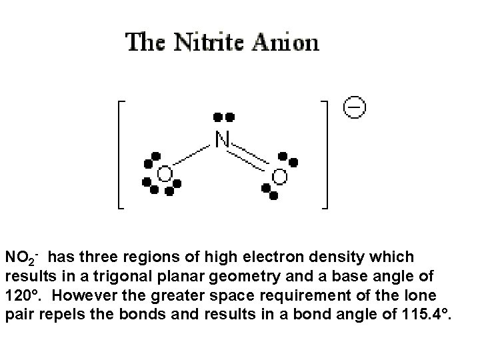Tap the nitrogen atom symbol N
(223, 139)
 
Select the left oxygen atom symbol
(163, 175)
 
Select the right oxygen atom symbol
(279, 177)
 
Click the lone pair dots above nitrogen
(223, 117)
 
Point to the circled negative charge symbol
(355, 107)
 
